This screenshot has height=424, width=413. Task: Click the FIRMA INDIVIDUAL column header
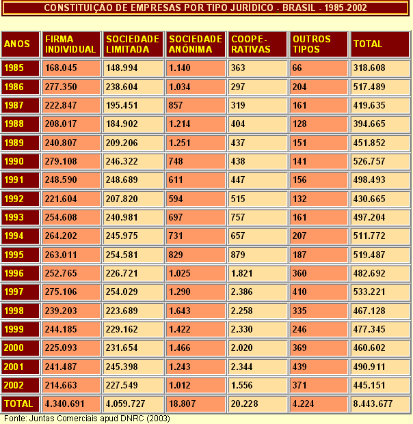(70, 44)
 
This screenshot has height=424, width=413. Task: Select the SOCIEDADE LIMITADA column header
(133, 44)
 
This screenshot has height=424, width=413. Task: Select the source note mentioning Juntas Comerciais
(88, 418)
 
